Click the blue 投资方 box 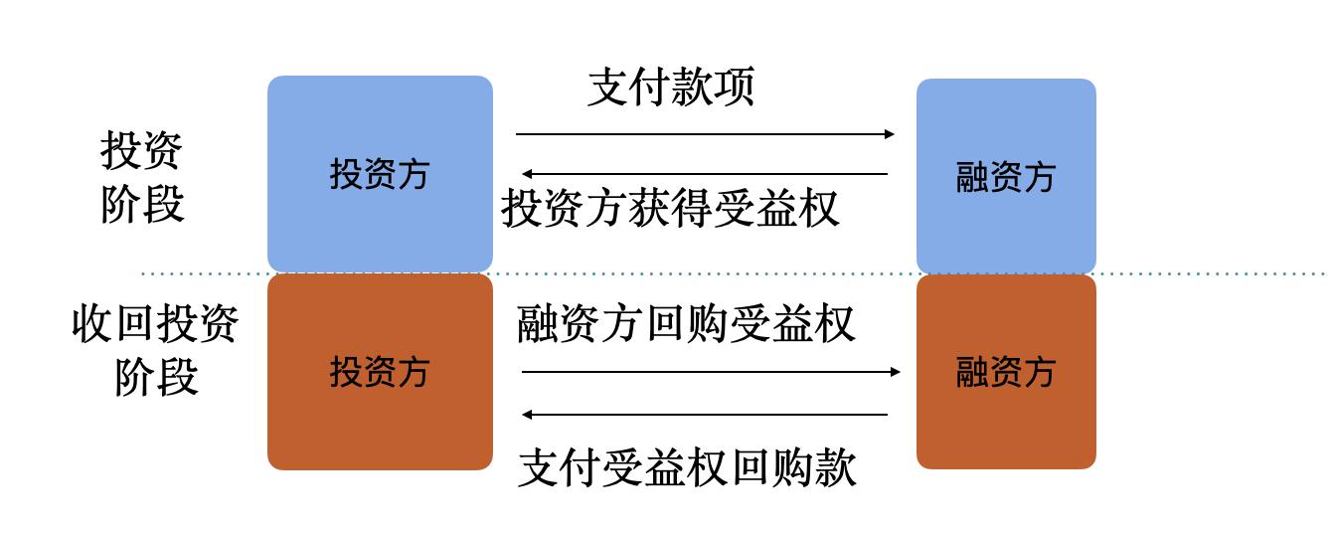click(380, 174)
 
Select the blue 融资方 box click(1006, 176)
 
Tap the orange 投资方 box click(380, 372)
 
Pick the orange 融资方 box click(1006, 372)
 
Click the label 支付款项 click(671, 87)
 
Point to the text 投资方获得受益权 click(670, 209)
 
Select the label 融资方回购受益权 click(686, 323)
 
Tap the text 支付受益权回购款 click(687, 468)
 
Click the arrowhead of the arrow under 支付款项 click(890, 134)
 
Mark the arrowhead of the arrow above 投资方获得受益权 click(527, 174)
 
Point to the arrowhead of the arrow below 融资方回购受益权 click(895, 372)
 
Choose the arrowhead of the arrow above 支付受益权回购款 click(527, 415)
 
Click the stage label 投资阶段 click(142, 177)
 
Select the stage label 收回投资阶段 click(155, 350)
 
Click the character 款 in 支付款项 click(692, 87)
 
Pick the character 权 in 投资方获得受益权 click(819, 209)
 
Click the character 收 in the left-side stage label click(92, 323)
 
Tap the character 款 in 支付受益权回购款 click(837, 468)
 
